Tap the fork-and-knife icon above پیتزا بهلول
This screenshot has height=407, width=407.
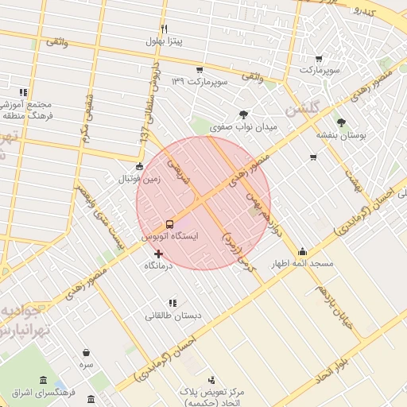coord(165,29)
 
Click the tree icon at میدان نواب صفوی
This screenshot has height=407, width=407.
coord(242,114)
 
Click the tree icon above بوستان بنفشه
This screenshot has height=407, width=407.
coord(342,122)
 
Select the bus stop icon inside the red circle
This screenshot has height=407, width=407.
coord(170,224)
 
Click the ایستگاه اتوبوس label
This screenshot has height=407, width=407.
coord(170,236)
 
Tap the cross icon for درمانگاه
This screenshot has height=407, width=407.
coord(158,254)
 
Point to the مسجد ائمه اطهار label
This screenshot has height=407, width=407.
coord(303,263)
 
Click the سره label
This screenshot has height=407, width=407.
coord(87,364)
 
